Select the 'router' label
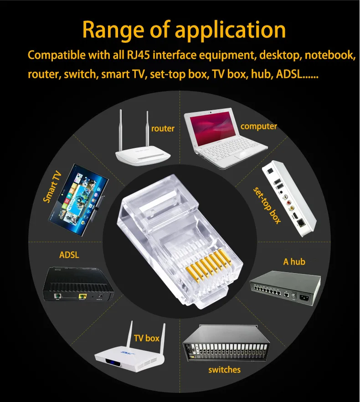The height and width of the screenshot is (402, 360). click(x=163, y=129)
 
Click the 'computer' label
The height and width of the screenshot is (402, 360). click(x=259, y=126)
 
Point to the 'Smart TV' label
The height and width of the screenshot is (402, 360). click(x=52, y=187)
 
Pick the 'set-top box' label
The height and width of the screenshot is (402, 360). click(x=267, y=204)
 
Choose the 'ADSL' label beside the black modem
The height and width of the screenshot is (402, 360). click(x=69, y=254)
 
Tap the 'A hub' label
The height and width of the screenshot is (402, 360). click(x=294, y=261)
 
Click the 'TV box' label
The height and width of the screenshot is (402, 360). click(x=147, y=338)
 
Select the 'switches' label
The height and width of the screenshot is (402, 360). click(x=224, y=369)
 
